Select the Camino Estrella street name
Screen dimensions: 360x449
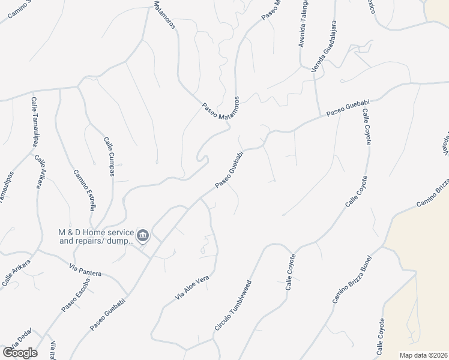(x=85, y=190)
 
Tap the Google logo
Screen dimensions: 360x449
(x=20, y=352)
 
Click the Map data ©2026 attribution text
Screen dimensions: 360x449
(x=424, y=355)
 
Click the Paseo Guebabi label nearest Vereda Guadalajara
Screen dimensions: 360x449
(x=348, y=109)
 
